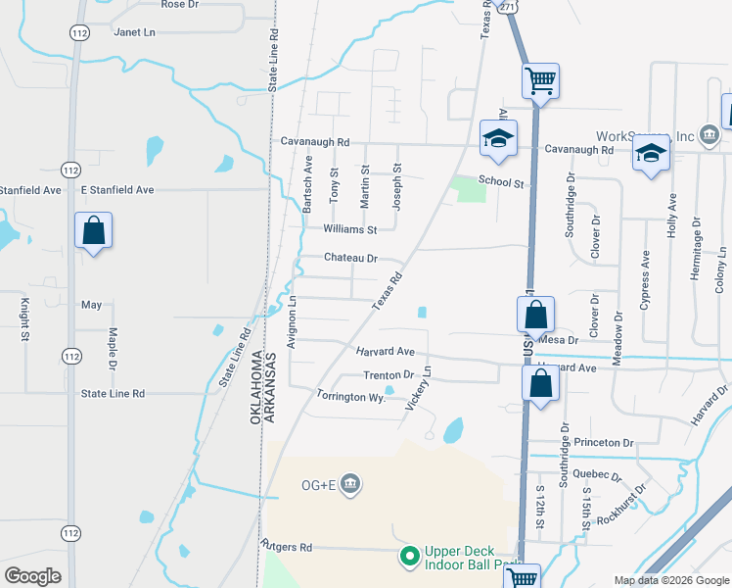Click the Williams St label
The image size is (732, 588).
coord(350,230)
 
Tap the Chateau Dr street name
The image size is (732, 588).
coord(350,259)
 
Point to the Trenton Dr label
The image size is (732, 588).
coord(389,375)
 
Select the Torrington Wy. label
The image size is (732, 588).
coord(350,397)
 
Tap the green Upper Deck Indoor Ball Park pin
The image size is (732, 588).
coord(410,557)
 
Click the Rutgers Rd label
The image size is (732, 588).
coord(286,546)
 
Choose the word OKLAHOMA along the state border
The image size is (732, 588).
coord(256,387)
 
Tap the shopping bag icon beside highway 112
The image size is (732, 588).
coord(93,232)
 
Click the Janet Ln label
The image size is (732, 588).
coord(135,32)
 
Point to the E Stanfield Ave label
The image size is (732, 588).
coord(117,189)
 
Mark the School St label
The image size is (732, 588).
coord(502,182)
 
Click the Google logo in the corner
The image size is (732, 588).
coord(33,576)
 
